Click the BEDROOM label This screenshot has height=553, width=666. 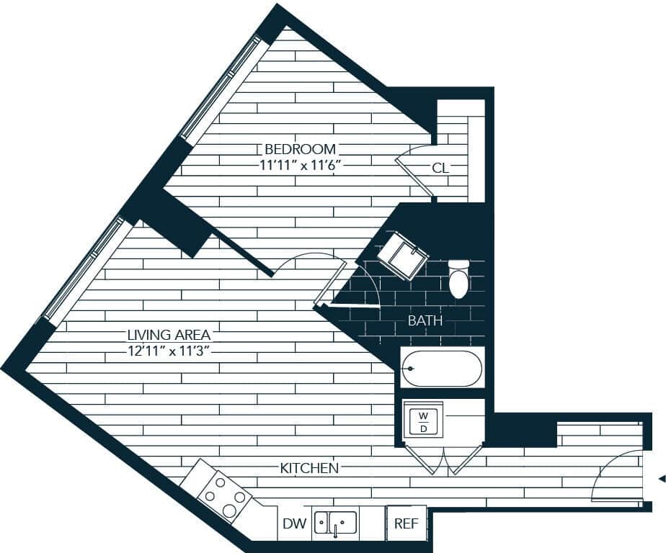coord(300,149)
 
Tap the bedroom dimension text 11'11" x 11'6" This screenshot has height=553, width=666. coord(300,165)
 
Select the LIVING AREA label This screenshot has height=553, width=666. coord(169,335)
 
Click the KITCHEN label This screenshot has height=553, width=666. coord(309,469)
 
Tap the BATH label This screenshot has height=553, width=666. coord(425,321)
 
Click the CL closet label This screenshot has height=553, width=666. coord(440,168)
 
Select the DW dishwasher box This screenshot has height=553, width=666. coord(293,523)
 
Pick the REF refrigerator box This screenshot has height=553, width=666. coord(406,523)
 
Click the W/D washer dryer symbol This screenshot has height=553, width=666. coord(423,422)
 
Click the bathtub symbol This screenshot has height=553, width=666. coord(441,369)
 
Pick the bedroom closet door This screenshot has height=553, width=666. coord(414,169)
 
